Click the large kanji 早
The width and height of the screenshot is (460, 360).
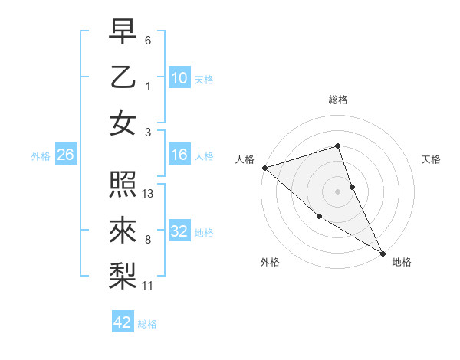coord(123,31)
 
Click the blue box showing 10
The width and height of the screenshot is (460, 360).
coord(179,77)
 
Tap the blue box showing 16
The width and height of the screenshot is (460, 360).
coord(179,155)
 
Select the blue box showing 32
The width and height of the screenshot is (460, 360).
coord(179,231)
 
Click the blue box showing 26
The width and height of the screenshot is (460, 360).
coord(65,155)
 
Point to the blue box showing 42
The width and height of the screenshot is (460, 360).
coord(123,322)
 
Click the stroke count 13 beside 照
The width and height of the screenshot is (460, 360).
coord(149,194)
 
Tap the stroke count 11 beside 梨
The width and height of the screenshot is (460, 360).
coord(148,286)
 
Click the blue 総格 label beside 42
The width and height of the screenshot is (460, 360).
coord(147,324)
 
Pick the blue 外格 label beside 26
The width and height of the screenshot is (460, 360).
coord(41,156)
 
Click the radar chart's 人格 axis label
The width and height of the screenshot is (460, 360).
coord(245,159)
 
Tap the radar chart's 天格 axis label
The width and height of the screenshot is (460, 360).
coord(431,159)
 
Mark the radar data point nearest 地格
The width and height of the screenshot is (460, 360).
coord(383,253)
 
